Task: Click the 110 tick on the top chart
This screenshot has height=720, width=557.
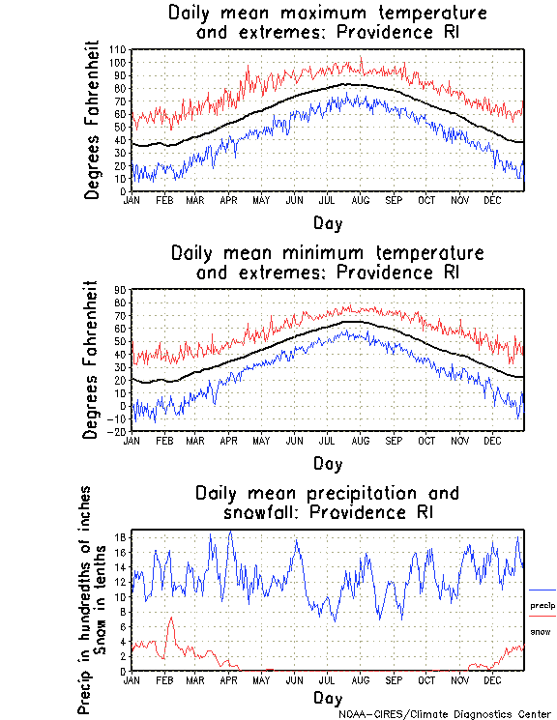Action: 117,49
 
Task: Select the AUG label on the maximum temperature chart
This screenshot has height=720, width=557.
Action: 360,200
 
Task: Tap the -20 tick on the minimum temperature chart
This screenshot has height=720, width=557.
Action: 116,432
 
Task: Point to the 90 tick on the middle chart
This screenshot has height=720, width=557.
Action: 120,289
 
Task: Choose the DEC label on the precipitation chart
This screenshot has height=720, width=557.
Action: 491,679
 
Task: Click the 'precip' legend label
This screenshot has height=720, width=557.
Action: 542,606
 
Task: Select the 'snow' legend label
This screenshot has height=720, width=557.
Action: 541,632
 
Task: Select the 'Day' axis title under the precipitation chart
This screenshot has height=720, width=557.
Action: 327,698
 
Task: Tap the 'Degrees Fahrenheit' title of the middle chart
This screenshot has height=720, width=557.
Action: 92,360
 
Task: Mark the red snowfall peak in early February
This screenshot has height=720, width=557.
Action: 171,619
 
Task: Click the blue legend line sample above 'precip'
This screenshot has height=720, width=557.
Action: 542,590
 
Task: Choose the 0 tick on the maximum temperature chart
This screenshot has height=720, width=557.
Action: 124,191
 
